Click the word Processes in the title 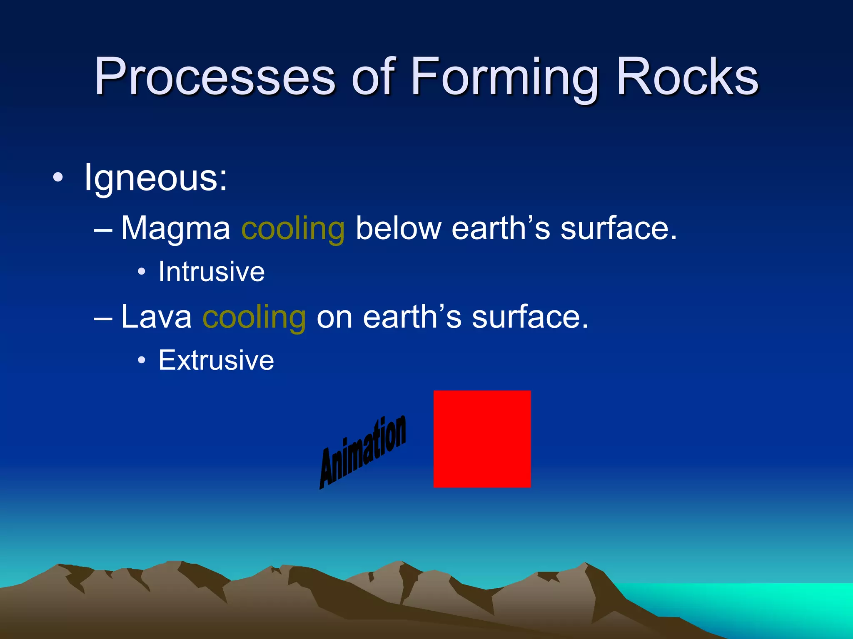[x=214, y=78]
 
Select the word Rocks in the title [x=687, y=78]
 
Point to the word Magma [x=175, y=229]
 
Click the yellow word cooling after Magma [x=293, y=229]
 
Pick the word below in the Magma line [x=398, y=228]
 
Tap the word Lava [x=156, y=317]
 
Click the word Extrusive [x=216, y=361]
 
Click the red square [x=482, y=438]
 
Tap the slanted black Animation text [x=363, y=452]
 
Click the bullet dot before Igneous [x=58, y=178]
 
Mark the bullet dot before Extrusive [x=142, y=361]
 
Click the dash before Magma [x=103, y=230]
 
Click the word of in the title [x=372, y=78]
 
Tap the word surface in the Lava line [x=525, y=317]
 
